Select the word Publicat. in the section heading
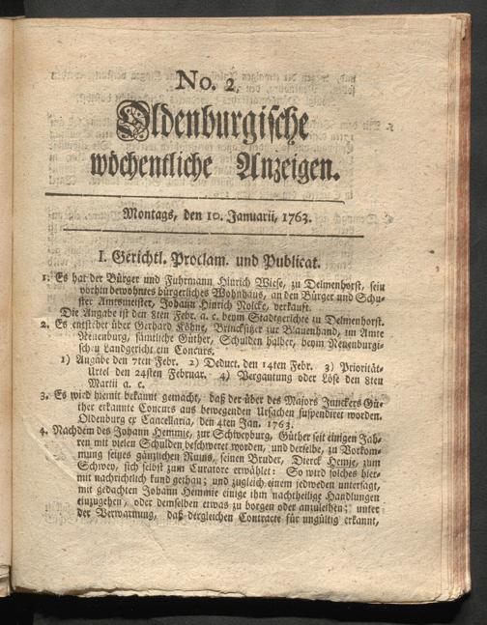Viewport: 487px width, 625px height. (308, 258)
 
